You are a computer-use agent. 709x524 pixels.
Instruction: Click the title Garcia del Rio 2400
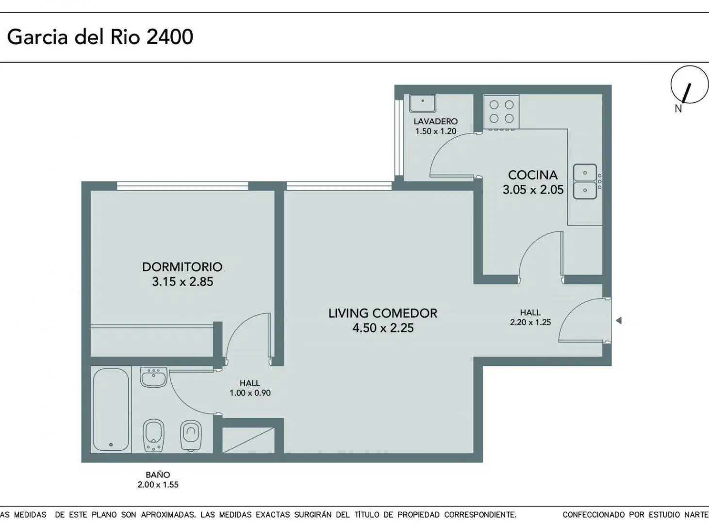tap(100, 37)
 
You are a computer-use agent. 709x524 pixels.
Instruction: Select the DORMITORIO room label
tap(182, 267)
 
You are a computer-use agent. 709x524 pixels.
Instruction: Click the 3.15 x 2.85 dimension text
tap(182, 282)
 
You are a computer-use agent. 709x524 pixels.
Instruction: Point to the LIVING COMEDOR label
tap(383, 313)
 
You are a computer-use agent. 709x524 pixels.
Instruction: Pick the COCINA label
tap(533, 175)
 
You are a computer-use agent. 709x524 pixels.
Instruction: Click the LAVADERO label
tap(436, 121)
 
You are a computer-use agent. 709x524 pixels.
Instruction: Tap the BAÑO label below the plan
tap(158, 475)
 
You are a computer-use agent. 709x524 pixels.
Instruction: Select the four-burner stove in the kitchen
tap(501, 112)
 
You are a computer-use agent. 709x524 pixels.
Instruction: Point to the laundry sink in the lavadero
tap(423, 103)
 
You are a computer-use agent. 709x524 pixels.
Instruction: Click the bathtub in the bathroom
tap(111, 409)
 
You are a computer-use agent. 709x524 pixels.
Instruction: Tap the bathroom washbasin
tap(153, 377)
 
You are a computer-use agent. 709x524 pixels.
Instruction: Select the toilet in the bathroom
tap(191, 435)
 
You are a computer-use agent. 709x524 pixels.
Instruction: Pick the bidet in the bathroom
tap(153, 435)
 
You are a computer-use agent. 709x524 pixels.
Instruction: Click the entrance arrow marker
tap(619, 320)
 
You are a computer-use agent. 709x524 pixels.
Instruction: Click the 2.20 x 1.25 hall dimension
tap(530, 322)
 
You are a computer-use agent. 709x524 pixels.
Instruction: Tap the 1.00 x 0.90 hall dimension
tap(250, 393)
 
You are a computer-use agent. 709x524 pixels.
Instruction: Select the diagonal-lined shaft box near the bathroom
tap(248, 440)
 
